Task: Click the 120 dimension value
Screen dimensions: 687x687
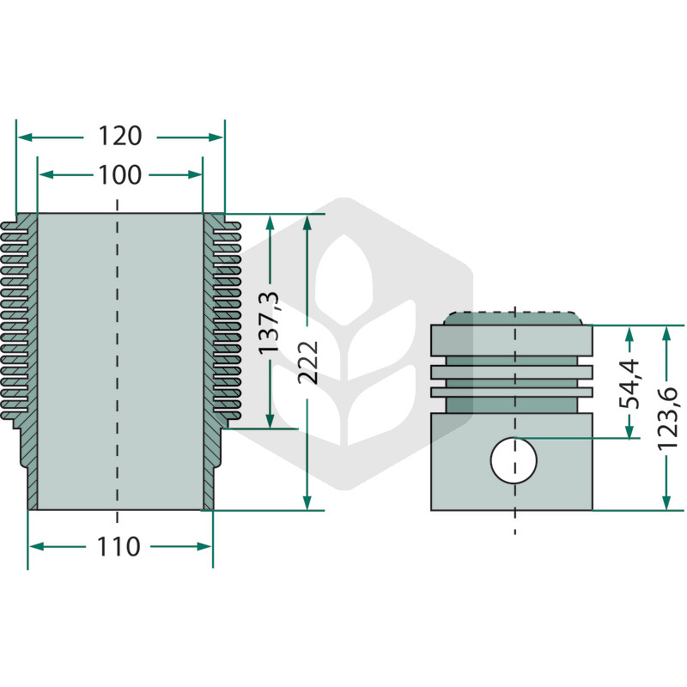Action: [119, 136]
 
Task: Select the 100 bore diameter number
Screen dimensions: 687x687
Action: [119, 175]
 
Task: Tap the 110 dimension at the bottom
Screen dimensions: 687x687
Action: [119, 547]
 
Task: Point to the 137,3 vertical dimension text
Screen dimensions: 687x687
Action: [268, 323]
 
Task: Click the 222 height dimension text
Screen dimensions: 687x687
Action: [307, 362]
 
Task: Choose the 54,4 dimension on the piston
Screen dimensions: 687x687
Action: [629, 384]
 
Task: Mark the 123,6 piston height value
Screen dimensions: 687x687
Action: [667, 418]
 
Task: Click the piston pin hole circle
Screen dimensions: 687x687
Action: [514, 460]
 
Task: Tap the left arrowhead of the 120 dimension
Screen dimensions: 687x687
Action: [25, 137]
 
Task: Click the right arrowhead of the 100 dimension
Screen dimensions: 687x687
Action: [195, 175]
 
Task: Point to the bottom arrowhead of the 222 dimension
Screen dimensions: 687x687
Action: [307, 502]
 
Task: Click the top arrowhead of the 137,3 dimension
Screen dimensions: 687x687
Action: [270, 222]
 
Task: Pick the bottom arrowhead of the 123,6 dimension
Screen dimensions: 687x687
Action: [666, 502]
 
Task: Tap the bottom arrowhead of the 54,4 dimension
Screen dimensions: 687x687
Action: [629, 430]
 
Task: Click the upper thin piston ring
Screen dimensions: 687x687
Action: [512, 372]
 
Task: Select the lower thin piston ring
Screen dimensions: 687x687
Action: [512, 392]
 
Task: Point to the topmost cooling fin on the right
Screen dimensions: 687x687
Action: [227, 226]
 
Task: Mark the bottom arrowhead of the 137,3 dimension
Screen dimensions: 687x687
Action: [270, 421]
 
